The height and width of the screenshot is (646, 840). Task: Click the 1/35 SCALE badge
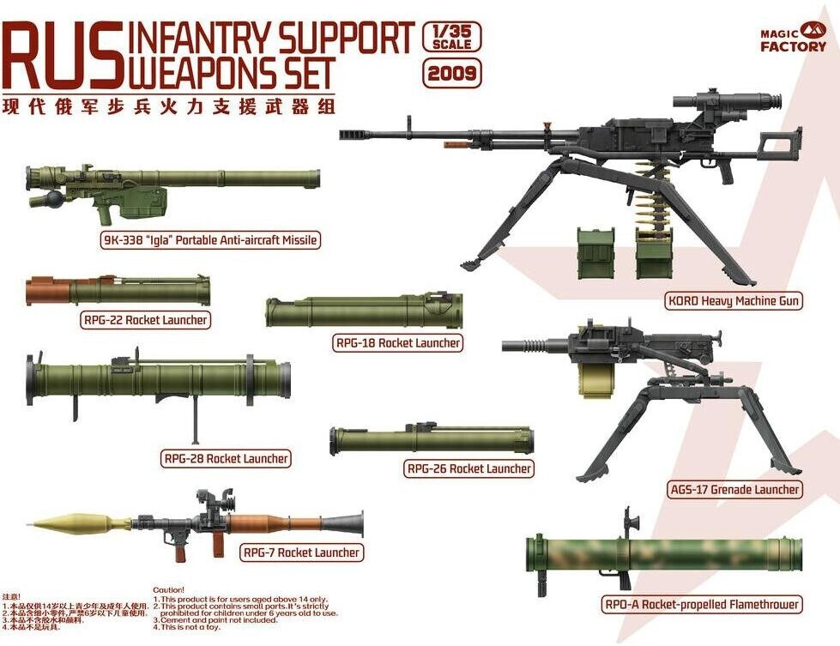coord(452,37)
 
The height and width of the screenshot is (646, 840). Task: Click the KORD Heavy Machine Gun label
coord(734,301)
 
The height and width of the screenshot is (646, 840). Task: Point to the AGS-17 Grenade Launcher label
coord(734,490)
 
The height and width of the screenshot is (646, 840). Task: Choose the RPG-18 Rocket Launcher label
coord(398,343)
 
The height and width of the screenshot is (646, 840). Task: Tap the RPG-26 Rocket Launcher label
coord(468,468)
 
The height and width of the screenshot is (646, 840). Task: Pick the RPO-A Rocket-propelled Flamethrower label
coord(702,605)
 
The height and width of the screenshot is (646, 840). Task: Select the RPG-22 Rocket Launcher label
coord(146,320)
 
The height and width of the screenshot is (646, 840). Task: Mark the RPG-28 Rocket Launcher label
coord(227,458)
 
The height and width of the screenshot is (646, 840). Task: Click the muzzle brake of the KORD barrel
coord(354,135)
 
